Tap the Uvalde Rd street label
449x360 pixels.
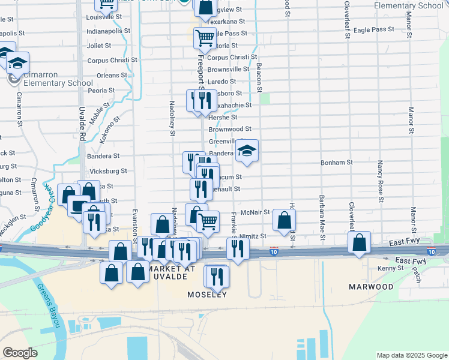(x=82, y=124)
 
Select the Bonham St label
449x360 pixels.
(x=337, y=162)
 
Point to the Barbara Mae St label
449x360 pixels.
(x=322, y=211)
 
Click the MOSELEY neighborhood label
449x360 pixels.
(x=207, y=295)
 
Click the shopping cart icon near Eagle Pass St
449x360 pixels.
(x=205, y=38)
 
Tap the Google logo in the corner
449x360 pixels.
(x=20, y=353)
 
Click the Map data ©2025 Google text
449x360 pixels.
(x=411, y=355)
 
